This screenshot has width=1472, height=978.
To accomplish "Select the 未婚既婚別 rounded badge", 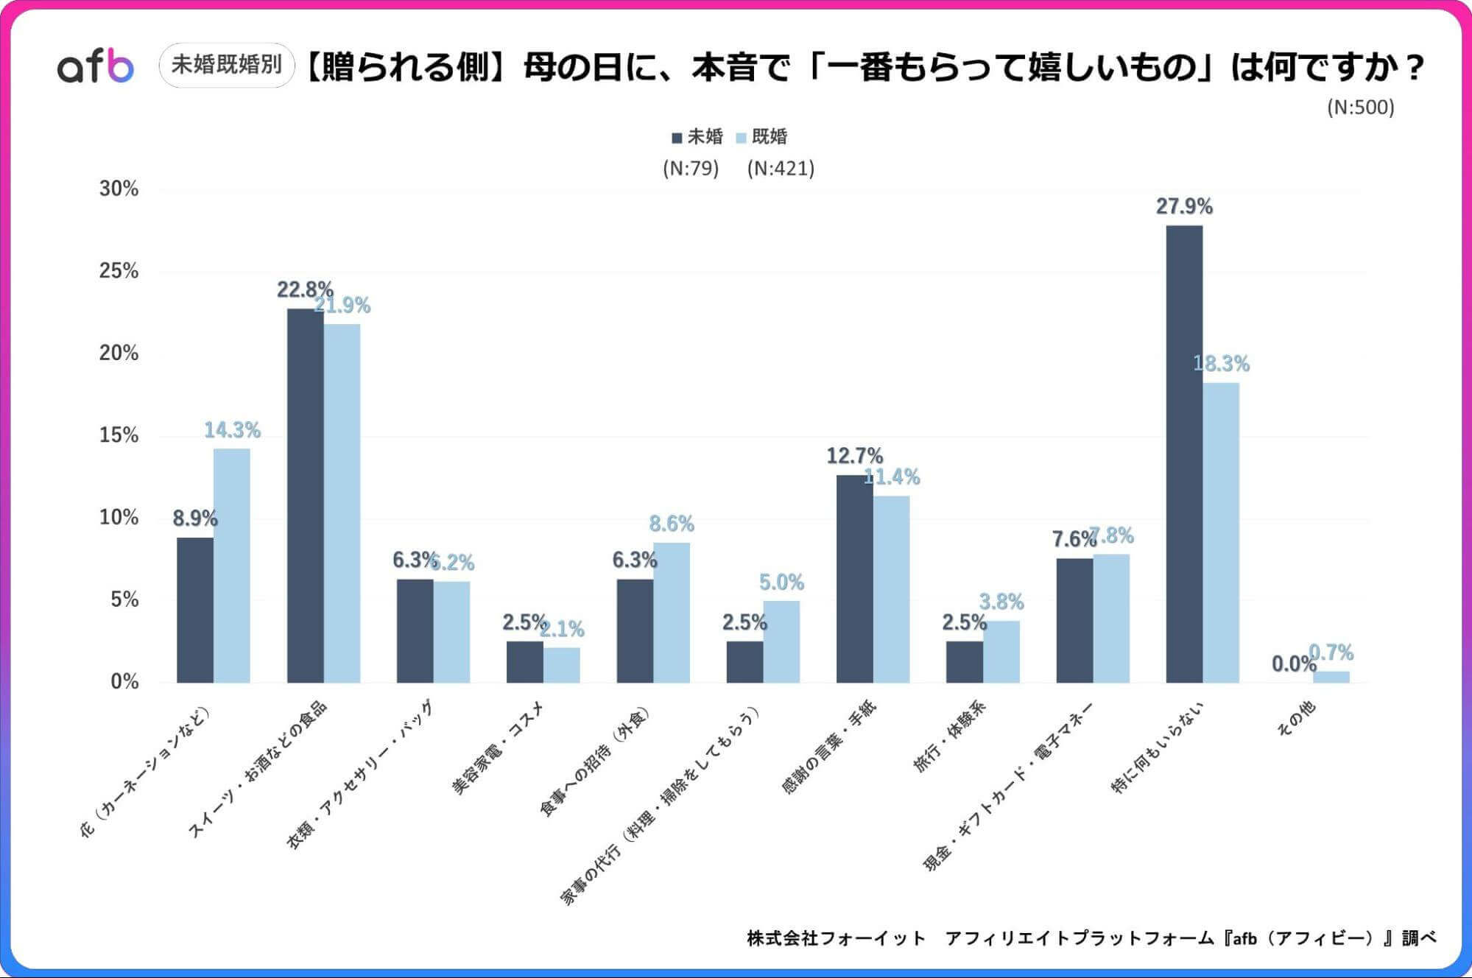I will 227,65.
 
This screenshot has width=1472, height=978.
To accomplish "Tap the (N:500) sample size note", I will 1360,108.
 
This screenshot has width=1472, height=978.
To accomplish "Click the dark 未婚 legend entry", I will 697,137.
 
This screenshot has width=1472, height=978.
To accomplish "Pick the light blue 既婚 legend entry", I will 762,137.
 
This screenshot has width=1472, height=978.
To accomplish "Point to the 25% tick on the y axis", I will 119,271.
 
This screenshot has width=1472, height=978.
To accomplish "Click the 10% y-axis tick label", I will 119,518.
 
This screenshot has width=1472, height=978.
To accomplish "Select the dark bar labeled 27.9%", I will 1184,453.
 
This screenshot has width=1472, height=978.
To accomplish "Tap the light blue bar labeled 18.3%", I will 1221,532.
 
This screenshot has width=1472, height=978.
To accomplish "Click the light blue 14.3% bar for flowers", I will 231,565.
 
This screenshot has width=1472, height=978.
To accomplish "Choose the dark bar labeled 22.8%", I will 305,495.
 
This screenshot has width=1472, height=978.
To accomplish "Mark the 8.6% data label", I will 671,524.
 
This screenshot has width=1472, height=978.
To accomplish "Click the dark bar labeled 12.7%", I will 854,578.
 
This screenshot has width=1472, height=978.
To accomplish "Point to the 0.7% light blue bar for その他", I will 1331,677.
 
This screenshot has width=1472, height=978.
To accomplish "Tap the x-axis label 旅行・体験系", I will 949,736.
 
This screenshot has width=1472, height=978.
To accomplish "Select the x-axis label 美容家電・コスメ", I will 498,748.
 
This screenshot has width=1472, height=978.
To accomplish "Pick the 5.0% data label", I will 781,583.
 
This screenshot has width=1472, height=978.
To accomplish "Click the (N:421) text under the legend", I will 781,169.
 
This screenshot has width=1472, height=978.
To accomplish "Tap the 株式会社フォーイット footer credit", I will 836,938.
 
